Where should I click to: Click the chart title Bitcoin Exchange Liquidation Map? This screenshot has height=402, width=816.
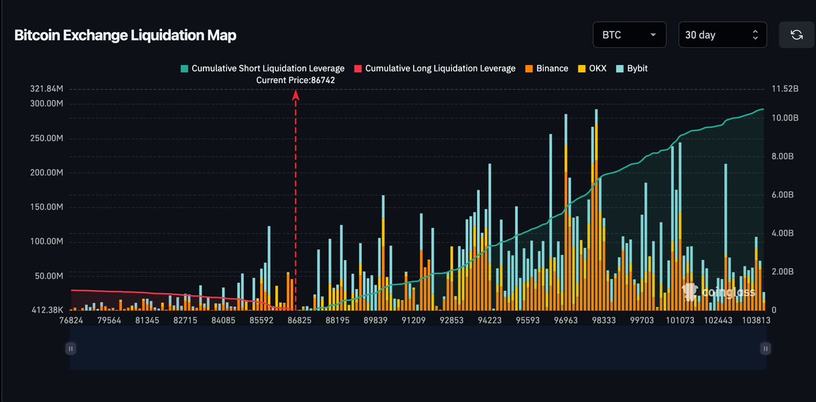(125, 35)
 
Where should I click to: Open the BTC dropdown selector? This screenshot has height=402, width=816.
(629, 35)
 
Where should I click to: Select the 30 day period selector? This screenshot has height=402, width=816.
(722, 35)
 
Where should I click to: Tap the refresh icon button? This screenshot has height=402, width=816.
(796, 35)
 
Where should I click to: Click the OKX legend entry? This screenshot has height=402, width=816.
(591, 68)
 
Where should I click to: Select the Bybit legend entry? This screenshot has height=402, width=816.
(632, 68)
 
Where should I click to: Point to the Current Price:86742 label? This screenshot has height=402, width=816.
(295, 80)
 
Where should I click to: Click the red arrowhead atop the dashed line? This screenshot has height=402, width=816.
(296, 96)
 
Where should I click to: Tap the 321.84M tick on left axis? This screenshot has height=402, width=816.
(46, 89)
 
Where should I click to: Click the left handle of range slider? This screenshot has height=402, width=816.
(70, 348)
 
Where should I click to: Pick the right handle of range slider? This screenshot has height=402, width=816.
(766, 348)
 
